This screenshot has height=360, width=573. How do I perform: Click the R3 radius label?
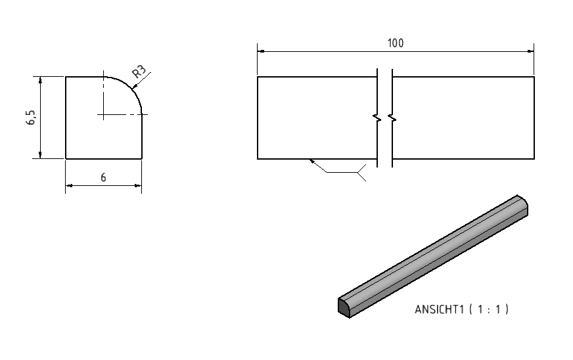139,72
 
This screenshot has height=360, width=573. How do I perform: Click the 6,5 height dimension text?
31,118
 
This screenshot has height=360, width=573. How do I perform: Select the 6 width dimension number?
103,177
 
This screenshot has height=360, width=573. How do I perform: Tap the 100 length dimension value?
396,43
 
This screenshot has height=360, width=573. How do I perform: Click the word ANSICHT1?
439,309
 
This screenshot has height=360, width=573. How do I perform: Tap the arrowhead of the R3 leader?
134,87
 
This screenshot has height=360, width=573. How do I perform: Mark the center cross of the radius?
103,115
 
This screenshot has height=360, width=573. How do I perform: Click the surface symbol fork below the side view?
361,172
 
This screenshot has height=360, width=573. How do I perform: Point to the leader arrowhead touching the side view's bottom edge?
312,161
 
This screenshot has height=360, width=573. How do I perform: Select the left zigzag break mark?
377,118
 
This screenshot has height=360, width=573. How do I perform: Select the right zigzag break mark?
392,118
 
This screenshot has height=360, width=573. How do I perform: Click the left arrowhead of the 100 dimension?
261,51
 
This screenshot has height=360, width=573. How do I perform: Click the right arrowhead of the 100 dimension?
530,51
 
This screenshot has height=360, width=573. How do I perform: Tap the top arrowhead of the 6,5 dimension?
41,81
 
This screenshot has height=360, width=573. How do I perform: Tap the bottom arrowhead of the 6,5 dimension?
41,154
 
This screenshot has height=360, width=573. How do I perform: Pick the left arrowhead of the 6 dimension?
70,186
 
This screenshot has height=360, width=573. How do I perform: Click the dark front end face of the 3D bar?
344,307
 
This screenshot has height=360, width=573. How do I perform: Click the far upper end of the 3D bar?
523,204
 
